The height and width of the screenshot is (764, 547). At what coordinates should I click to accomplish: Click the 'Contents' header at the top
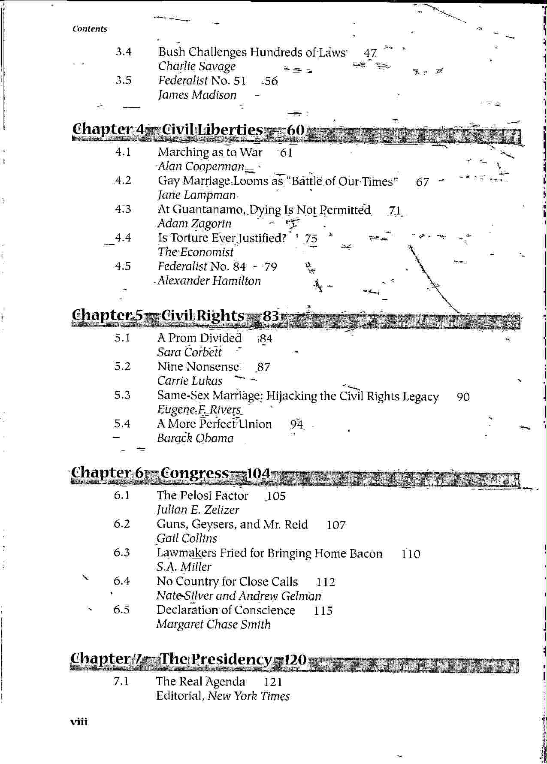(x=90, y=29)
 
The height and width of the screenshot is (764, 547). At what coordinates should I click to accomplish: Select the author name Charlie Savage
(x=197, y=66)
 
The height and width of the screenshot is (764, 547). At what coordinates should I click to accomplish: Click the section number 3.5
(x=123, y=81)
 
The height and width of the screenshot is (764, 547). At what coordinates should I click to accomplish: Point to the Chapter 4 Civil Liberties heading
(x=188, y=130)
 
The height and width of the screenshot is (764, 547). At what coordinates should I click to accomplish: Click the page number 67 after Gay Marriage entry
(x=422, y=182)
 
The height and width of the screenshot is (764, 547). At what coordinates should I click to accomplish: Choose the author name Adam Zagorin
(x=194, y=223)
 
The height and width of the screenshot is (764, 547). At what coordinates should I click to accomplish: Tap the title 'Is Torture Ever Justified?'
(x=222, y=238)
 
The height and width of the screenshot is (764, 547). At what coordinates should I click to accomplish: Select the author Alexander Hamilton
(x=209, y=281)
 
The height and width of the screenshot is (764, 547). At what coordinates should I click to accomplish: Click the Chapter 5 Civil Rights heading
(x=175, y=316)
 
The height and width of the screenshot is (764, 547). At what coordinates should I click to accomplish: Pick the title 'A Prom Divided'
(x=199, y=338)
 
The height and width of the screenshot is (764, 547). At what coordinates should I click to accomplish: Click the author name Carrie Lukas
(x=190, y=381)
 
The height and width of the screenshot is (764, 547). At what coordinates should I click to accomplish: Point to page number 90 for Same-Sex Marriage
(x=463, y=397)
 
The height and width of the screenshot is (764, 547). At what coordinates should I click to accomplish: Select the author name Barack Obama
(x=195, y=438)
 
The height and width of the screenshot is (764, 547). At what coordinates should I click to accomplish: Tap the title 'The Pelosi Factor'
(x=202, y=495)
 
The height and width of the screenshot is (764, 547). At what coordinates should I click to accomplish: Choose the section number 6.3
(x=121, y=553)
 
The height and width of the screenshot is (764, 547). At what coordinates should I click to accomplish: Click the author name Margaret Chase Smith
(x=213, y=625)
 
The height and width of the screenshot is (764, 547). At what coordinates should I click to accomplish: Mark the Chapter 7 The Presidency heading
(x=188, y=659)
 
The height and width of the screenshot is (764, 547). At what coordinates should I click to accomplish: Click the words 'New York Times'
(x=249, y=696)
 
